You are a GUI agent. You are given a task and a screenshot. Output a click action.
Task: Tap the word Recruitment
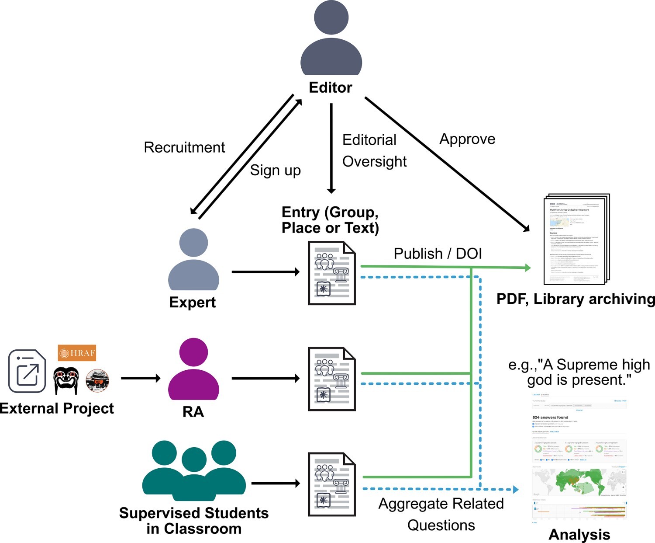click(184, 147)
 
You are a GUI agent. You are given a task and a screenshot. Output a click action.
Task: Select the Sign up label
click(275, 170)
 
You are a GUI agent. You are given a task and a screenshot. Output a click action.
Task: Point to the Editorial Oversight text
click(374, 150)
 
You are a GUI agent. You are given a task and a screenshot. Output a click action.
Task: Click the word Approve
click(467, 139)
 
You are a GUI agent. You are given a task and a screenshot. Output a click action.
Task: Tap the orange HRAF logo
click(77, 353)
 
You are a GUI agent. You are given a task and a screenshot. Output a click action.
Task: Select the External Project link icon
click(27, 371)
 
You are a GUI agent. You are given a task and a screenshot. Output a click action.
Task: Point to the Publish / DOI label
click(438, 254)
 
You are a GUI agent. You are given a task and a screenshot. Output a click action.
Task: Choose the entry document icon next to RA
click(332, 379)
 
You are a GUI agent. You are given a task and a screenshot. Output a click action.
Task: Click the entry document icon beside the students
click(332, 484)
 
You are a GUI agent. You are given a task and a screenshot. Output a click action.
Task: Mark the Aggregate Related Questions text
click(441, 514)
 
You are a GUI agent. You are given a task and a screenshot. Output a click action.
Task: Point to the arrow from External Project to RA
click(141, 378)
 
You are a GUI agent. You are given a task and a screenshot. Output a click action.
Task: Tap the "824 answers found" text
click(550, 418)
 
